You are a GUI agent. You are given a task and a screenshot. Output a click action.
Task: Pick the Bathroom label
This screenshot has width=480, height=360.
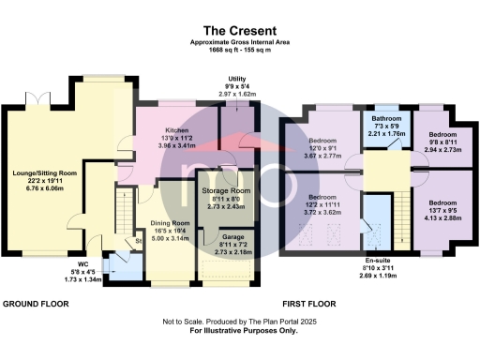(386, 119)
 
